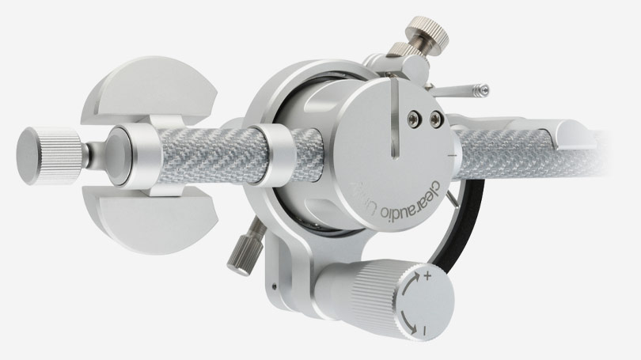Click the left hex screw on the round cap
point(412,119)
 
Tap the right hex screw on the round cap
point(434,119)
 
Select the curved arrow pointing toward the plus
point(409,290)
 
